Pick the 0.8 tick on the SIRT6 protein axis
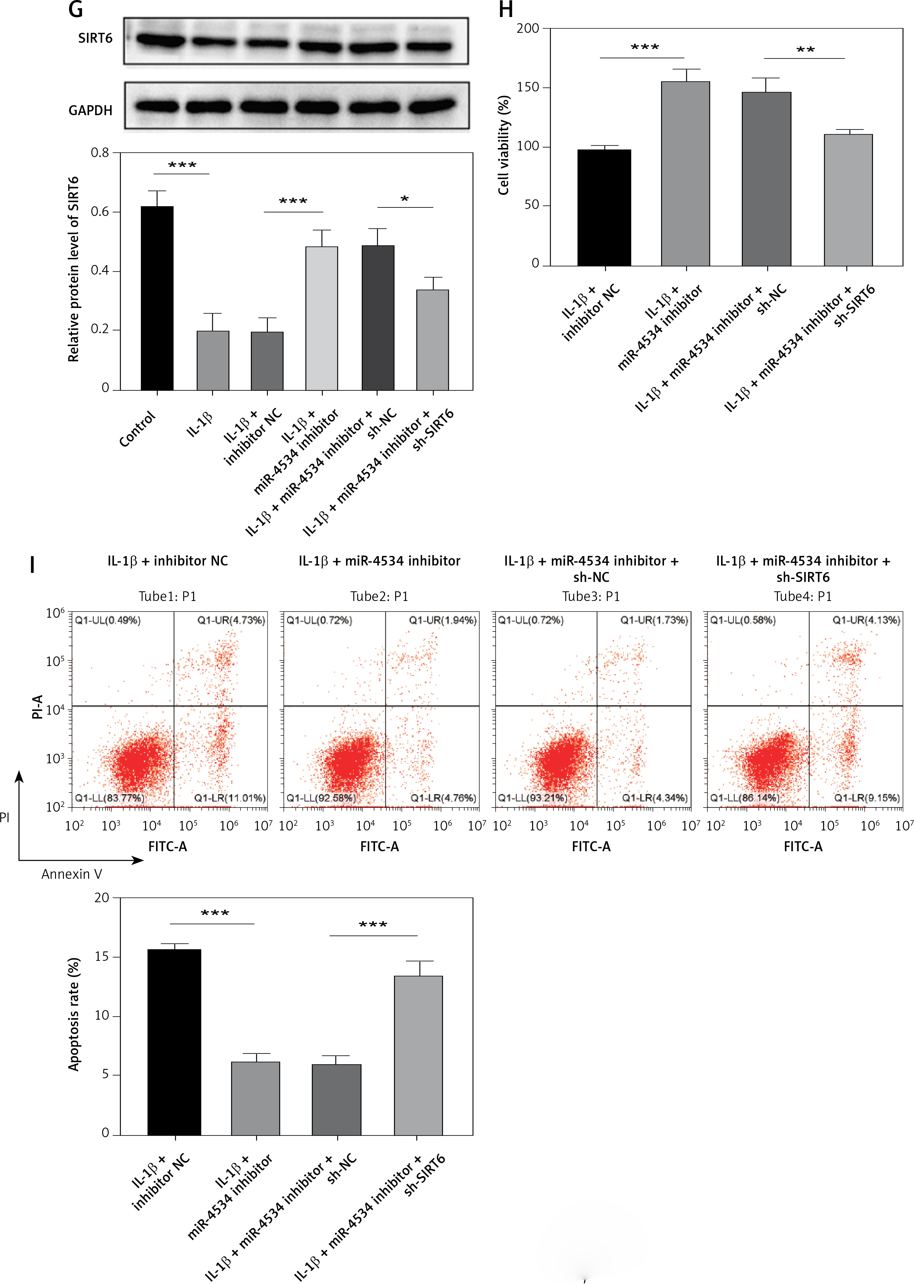click(x=100, y=153)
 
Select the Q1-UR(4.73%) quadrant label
click(x=231, y=620)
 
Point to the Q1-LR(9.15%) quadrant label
click(x=867, y=798)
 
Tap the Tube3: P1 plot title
click(x=591, y=596)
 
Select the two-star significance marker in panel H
click(x=805, y=50)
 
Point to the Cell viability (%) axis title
click(x=504, y=145)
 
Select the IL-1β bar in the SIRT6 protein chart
click(x=213, y=360)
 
